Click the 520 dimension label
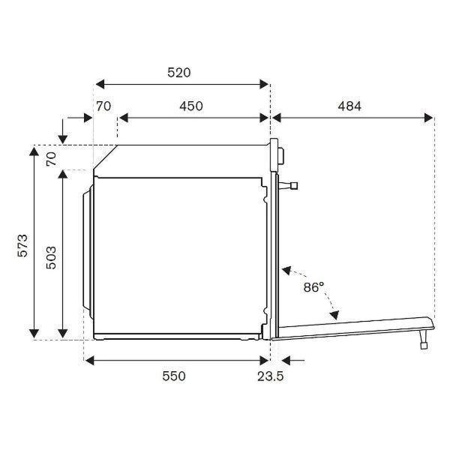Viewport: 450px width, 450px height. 178,73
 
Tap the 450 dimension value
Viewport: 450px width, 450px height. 191,106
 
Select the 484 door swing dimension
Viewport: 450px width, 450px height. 349,106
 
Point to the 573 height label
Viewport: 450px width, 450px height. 22,246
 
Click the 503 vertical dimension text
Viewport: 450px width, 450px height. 51,257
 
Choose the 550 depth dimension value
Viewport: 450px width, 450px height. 174,376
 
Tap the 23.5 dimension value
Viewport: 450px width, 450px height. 270,376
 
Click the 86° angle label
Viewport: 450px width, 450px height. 313,287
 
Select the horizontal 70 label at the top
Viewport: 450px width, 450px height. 103,106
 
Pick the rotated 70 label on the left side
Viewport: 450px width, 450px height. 51,159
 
